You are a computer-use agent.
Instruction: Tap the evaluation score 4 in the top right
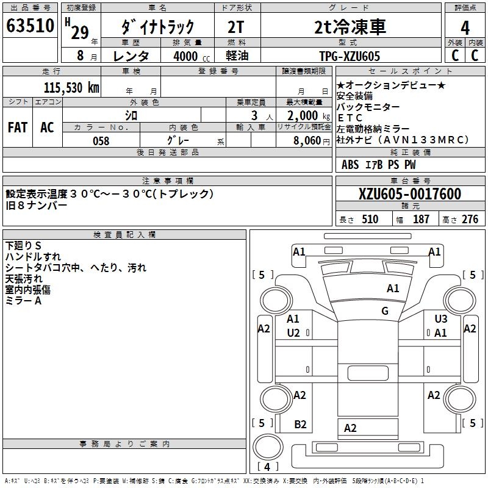coord(465,27)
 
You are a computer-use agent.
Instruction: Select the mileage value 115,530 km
coord(71,87)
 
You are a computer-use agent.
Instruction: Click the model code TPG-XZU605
coord(350,56)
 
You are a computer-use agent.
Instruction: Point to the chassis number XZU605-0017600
coord(410,195)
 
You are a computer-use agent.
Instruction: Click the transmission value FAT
coord(17,127)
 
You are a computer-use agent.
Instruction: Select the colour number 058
coord(101,141)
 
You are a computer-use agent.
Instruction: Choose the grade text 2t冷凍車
coord(350,27)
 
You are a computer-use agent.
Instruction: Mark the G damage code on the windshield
coord(385,311)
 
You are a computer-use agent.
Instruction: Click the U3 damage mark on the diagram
coord(440,318)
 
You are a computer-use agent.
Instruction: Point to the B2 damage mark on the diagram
coord(300,425)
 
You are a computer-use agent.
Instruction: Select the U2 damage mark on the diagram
coord(293,332)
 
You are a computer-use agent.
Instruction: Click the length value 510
coord(370,220)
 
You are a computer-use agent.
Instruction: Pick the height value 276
coord(470,220)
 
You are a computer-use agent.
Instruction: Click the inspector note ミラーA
coord(23,301)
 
